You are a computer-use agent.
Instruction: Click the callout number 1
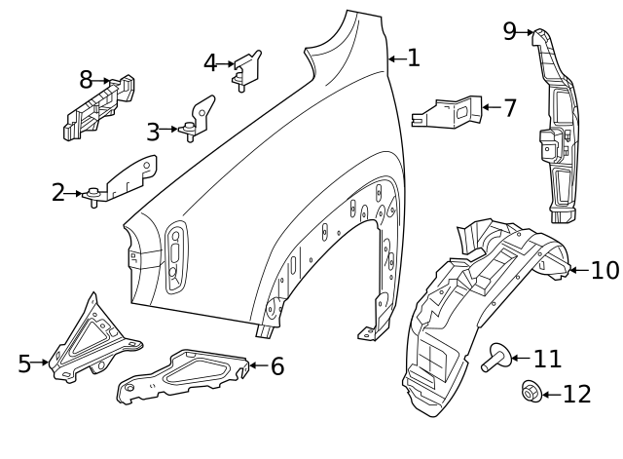point(414,58)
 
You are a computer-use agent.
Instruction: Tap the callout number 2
point(58,193)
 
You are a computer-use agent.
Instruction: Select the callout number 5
point(25,363)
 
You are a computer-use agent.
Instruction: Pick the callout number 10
point(605,270)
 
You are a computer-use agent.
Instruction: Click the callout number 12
point(576,394)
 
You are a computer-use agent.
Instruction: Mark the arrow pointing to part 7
point(491,107)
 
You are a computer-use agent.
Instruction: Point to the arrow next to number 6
point(254,366)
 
